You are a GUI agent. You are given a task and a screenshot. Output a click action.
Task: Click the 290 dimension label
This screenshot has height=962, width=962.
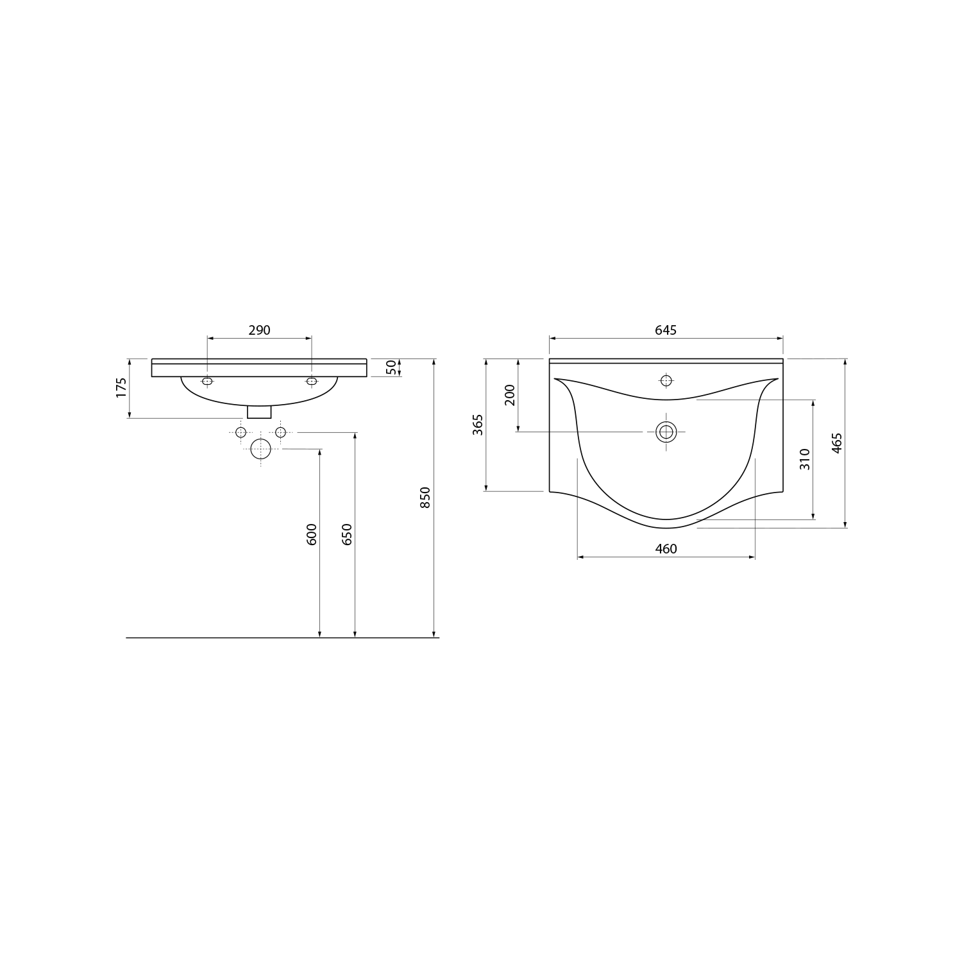(x=259, y=330)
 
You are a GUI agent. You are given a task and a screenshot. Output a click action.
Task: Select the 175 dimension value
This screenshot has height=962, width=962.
(x=122, y=388)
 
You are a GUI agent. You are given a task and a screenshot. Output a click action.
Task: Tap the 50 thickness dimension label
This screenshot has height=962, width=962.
(x=391, y=367)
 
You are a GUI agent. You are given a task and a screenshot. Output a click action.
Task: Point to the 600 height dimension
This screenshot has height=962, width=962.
(x=312, y=534)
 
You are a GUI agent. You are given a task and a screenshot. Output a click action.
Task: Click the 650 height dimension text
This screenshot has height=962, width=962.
(x=348, y=534)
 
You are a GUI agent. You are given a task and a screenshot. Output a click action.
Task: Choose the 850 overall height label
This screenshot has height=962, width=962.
(x=425, y=498)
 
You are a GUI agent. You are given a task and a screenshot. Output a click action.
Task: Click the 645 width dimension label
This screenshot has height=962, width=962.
(x=666, y=330)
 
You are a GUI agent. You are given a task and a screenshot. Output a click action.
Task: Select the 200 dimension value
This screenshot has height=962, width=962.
(x=510, y=395)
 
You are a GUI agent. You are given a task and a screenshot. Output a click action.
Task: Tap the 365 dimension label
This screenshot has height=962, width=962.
(x=478, y=425)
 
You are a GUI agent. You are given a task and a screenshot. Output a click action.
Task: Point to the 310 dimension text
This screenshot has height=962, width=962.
(x=806, y=459)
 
